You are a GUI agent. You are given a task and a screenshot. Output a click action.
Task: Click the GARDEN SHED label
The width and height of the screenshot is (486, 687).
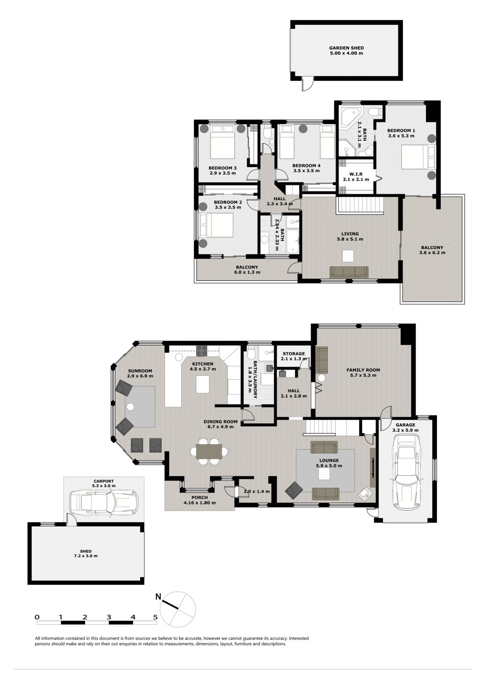coord(346,48)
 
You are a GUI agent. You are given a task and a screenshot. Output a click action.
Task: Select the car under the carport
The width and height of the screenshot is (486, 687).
coord(103,502)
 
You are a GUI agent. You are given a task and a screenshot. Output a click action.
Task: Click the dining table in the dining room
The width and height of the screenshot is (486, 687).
coord(209,451)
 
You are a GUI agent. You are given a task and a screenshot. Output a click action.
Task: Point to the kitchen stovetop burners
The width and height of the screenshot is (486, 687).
coord(202,351)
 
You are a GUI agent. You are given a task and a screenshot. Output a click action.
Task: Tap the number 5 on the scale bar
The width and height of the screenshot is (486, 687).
coord(156,617)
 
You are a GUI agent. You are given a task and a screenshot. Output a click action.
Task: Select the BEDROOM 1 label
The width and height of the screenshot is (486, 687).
coord(401,131)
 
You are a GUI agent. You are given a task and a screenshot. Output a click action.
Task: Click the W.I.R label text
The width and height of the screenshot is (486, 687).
coord(356,174)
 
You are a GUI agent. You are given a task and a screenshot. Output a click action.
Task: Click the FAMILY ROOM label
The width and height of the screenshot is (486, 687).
coord(363,370)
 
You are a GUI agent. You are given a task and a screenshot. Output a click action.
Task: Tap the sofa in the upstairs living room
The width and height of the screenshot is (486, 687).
coord(349,272)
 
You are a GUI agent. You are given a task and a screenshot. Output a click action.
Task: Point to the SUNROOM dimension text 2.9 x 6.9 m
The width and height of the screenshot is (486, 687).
coord(141,376)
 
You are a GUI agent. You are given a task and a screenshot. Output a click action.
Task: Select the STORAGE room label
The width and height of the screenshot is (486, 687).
coord(294,354)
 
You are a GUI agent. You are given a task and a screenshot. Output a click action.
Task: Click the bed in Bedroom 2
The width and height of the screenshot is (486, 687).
coord(217,225)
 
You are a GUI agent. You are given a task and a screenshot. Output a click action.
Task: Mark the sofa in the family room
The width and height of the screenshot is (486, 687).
coord(322,360)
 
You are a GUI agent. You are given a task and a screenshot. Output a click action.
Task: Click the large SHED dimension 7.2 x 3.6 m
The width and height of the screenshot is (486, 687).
coord(86,556)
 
